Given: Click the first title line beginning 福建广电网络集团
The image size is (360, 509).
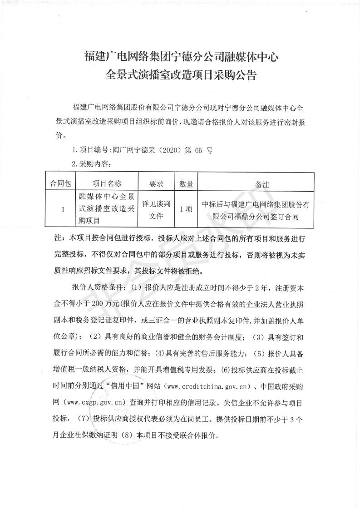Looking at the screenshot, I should click(181, 57).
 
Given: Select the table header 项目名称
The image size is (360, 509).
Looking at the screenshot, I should click(107, 184).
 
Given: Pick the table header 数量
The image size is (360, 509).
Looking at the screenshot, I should click(186, 184).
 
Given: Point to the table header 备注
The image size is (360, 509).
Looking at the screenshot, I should click(262, 184).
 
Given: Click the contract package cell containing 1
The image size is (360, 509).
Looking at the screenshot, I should click(62, 209).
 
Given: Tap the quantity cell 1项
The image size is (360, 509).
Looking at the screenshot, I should click(186, 209).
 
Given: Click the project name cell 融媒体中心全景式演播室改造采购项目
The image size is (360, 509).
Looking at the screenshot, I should click(107, 209).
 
